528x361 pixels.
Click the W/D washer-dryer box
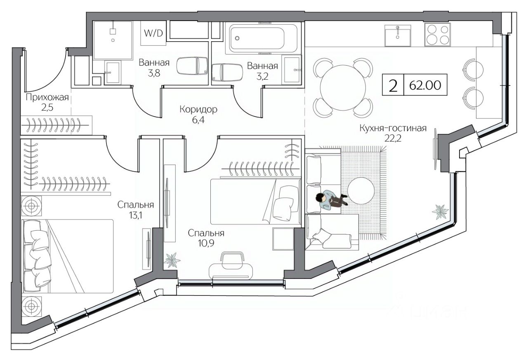[153, 33]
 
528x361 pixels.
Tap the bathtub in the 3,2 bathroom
[263, 39]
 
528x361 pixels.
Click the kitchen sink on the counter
[398, 35]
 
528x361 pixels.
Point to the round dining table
[343, 87]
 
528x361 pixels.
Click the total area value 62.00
[425, 85]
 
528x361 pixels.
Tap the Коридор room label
[198, 110]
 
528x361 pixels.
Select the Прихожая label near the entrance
[47, 98]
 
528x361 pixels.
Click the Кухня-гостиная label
[393, 128]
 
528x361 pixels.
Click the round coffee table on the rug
[361, 191]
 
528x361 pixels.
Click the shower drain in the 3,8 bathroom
[113, 40]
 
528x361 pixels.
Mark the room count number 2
[393, 85]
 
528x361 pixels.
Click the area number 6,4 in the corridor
[198, 120]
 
